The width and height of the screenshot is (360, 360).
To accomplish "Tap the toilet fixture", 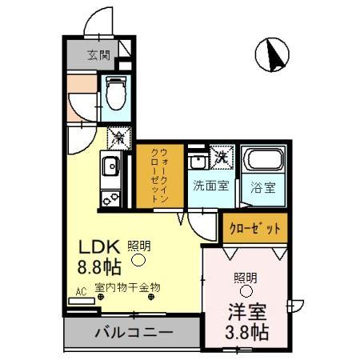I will [x=115, y=94].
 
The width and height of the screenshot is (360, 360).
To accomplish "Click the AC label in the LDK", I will [x=80, y=292].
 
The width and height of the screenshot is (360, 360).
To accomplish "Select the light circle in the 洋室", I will [x=245, y=291].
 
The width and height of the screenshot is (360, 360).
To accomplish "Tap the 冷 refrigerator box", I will [x=117, y=138].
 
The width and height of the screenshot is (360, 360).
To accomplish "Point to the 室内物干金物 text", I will [x=128, y=286].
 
